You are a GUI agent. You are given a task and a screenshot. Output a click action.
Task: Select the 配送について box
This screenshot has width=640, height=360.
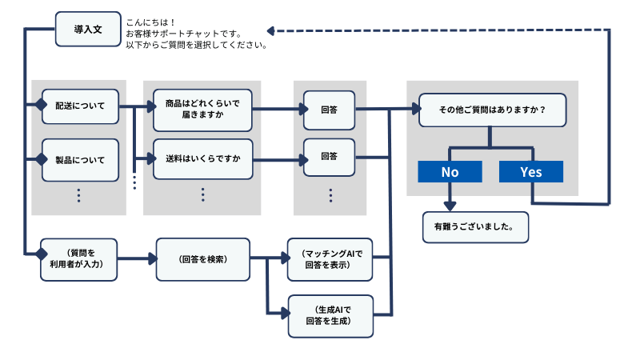(x=80, y=106)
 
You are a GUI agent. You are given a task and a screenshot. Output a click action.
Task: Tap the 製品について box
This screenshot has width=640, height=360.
(x=80, y=160)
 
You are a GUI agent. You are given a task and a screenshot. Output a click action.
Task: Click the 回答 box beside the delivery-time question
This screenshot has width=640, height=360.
(x=329, y=110)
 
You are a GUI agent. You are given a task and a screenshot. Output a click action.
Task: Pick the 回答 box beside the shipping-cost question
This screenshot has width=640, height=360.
(x=329, y=157)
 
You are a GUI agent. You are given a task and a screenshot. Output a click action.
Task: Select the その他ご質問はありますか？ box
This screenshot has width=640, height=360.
(x=493, y=110)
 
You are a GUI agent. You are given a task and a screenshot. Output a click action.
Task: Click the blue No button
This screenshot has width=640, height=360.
(x=450, y=172)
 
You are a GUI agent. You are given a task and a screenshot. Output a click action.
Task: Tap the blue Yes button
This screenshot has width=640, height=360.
(x=530, y=172)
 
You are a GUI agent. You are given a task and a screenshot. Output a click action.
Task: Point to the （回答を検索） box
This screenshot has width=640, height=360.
(x=203, y=259)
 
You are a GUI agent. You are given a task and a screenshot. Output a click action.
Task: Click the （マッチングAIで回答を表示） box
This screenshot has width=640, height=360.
(x=329, y=259)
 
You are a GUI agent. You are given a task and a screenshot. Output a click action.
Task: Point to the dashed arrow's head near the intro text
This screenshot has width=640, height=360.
(x=271, y=31)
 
